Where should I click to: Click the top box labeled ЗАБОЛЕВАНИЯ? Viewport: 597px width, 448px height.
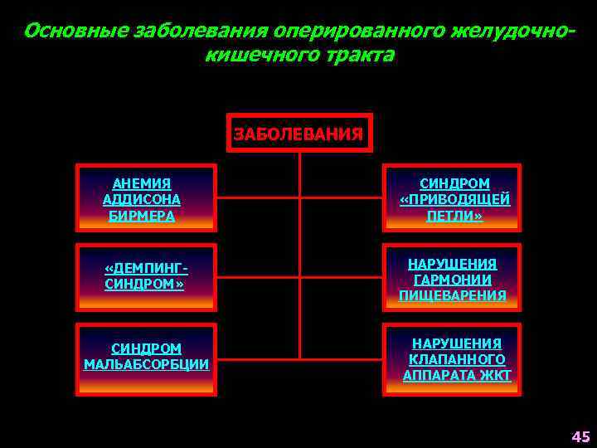(x=298, y=133)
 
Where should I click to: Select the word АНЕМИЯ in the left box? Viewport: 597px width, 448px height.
(x=142, y=183)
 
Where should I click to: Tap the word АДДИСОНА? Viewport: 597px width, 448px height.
(x=142, y=200)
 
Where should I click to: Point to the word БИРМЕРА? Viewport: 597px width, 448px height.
(x=142, y=216)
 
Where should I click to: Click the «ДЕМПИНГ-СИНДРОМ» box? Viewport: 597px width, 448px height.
(x=146, y=277)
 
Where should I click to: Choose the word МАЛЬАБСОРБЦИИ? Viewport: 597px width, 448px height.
(x=146, y=365)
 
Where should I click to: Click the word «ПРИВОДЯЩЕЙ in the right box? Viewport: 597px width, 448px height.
(x=454, y=200)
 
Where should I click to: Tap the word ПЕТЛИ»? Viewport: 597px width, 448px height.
(x=454, y=216)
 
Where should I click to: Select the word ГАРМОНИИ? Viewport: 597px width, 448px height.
(x=452, y=280)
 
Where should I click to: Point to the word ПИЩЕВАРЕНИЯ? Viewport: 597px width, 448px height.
(x=452, y=295)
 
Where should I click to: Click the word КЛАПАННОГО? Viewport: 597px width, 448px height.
(x=457, y=359)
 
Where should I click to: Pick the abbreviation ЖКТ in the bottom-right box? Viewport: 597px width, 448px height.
(x=496, y=375)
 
